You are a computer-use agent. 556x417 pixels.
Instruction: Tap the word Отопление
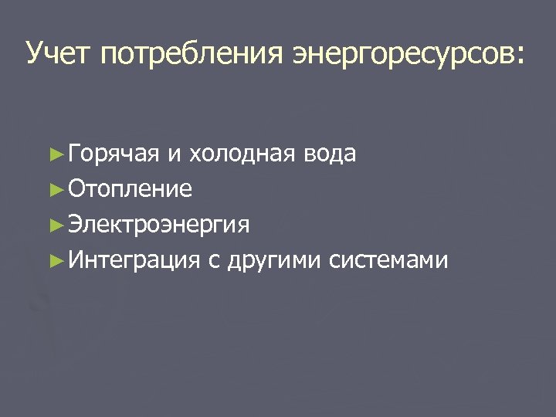[130, 189]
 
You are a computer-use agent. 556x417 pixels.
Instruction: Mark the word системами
[388, 260]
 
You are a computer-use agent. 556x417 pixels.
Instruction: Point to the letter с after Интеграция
[214, 262]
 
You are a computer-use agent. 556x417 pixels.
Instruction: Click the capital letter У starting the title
[35, 54]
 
